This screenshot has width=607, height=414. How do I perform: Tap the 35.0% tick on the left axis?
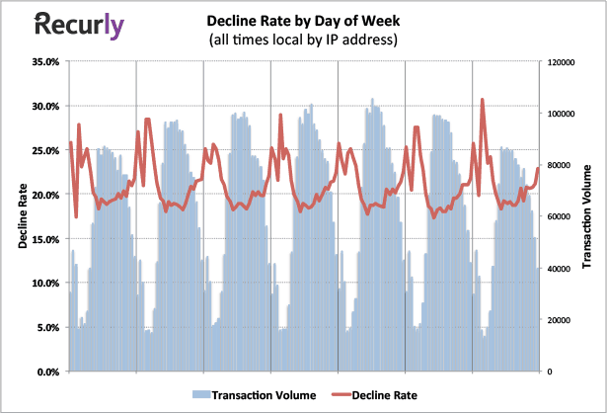[45, 61]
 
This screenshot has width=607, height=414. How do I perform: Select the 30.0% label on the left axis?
[45, 106]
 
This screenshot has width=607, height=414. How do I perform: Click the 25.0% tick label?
[45, 150]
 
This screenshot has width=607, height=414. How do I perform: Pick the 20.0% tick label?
[45, 195]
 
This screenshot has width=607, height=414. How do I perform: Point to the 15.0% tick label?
[45, 239]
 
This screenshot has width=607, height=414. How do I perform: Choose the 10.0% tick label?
[45, 284]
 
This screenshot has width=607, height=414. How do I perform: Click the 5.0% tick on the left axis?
[48, 328]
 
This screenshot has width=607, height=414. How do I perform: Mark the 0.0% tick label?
[48, 373]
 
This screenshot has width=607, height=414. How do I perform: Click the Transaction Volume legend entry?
[259, 395]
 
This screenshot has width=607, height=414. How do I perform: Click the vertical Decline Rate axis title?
[22, 215]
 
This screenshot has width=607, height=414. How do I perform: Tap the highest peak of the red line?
[483, 99]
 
